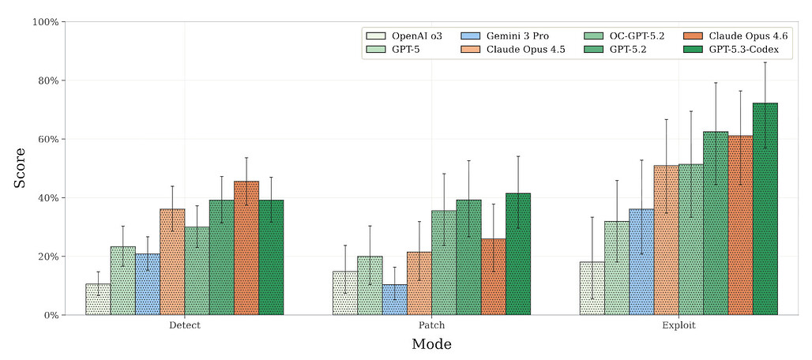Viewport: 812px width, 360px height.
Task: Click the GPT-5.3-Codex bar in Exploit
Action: pyautogui.click(x=765, y=209)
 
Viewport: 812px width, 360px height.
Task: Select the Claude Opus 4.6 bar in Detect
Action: pyautogui.click(x=246, y=249)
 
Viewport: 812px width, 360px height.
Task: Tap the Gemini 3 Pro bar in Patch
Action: pyautogui.click(x=394, y=300)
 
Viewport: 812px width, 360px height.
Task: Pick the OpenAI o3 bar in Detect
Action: pyautogui.click(x=98, y=299)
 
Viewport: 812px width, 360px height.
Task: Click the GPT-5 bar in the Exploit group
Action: pyautogui.click(x=617, y=268)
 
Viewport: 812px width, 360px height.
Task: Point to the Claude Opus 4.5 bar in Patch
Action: pyautogui.click(x=419, y=283)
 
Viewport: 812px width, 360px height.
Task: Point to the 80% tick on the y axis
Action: pyautogui.click(x=48, y=81)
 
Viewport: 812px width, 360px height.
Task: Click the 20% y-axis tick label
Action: pyautogui.click(x=48, y=257)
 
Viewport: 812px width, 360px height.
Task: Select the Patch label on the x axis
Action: pyautogui.click(x=431, y=325)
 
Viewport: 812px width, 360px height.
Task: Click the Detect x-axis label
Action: pyautogui.click(x=184, y=325)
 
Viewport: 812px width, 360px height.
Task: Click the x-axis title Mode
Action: pyautogui.click(x=431, y=344)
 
